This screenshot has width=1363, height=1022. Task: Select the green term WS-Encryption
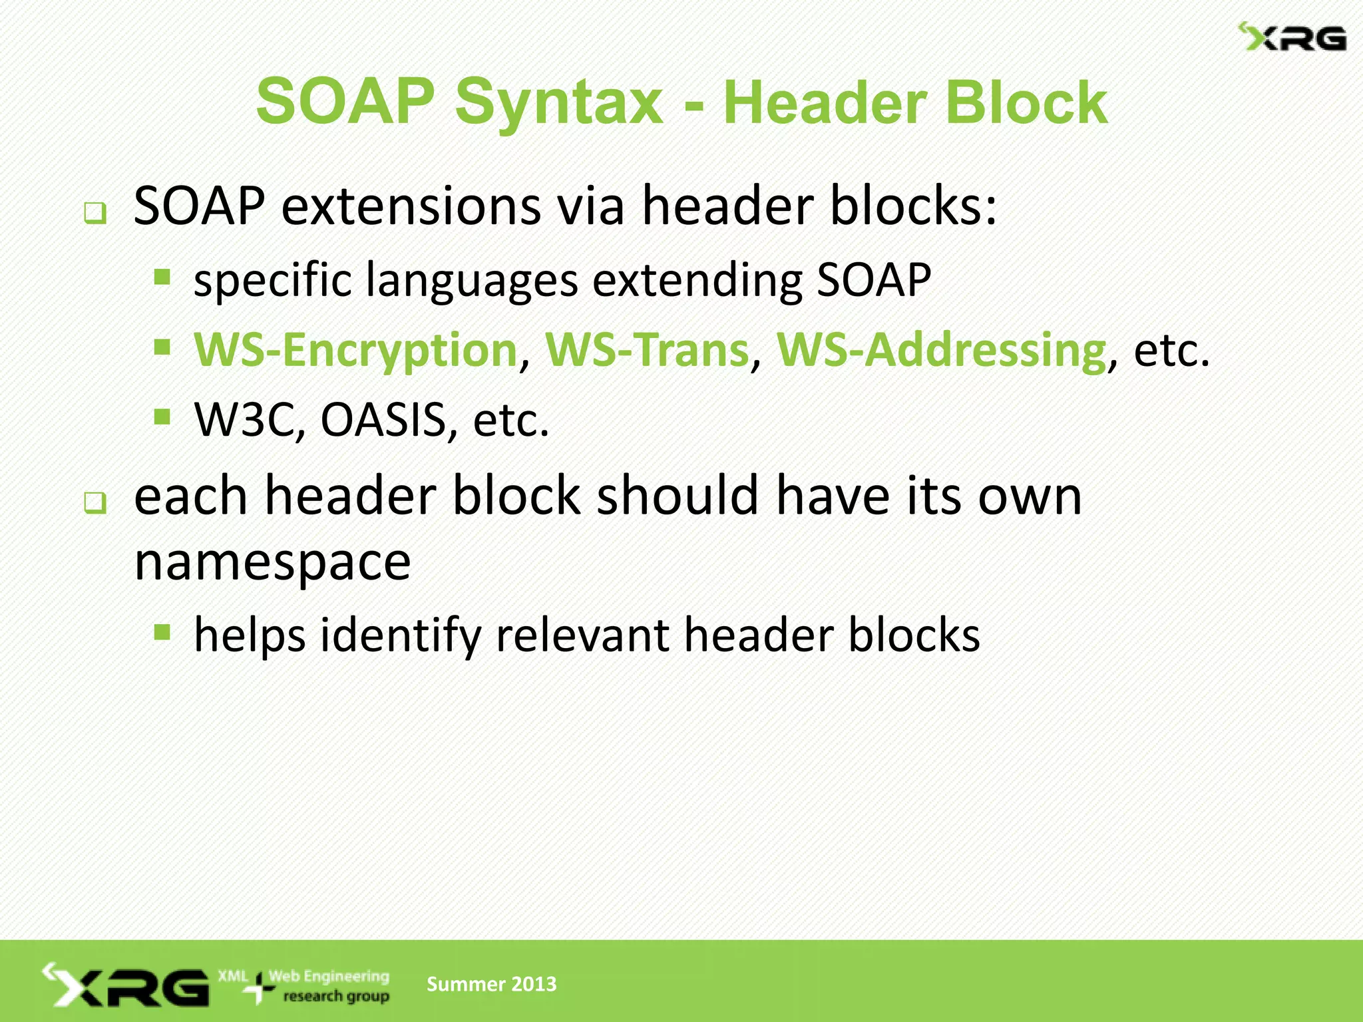point(355,350)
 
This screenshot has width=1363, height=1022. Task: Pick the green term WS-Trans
point(647,350)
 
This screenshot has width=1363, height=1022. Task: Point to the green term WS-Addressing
point(941,350)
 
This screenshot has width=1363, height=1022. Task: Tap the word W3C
point(244,421)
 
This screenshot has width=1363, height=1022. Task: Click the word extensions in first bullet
point(411,206)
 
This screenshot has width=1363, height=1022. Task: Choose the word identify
point(401,635)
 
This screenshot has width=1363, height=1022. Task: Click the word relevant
point(582,635)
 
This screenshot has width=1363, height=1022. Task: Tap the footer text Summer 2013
point(491,984)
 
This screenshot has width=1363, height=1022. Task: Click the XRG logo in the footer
point(126,985)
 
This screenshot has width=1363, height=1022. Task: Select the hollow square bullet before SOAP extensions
point(95,214)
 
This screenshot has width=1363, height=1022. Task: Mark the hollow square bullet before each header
point(95,503)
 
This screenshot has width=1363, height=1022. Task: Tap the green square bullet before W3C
point(162,417)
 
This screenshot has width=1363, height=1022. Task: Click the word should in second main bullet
point(678,496)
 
